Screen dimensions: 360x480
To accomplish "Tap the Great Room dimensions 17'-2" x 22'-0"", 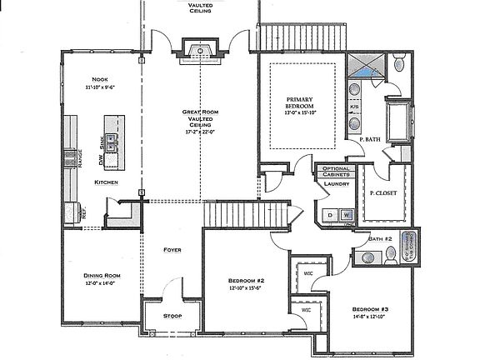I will (x=200, y=131).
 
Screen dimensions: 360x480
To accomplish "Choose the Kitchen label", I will (x=106, y=182).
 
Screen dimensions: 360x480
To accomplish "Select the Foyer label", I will (x=172, y=249).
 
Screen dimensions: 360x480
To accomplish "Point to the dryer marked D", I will (x=330, y=215).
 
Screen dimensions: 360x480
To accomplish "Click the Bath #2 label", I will (x=380, y=239).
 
